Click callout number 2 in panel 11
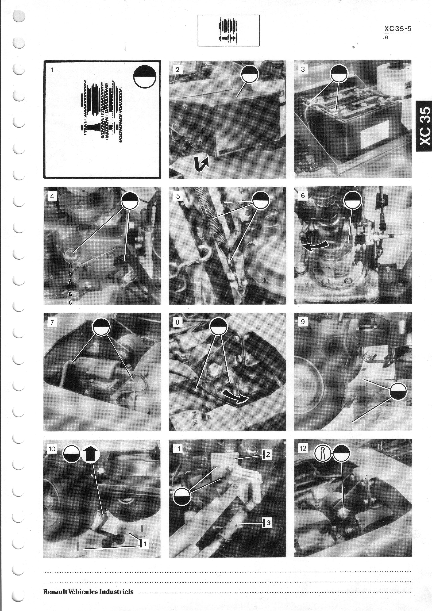tap(268, 454)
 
